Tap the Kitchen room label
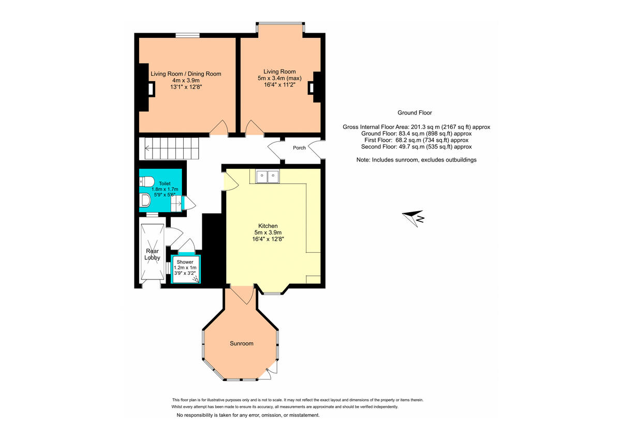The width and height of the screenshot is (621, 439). (x=268, y=226)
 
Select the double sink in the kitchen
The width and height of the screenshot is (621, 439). (x=267, y=177)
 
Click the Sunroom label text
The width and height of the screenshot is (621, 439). (x=242, y=343)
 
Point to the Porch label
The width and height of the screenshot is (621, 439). (x=299, y=148)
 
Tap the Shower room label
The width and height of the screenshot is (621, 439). (x=185, y=262)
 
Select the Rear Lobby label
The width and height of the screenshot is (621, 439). (x=152, y=254)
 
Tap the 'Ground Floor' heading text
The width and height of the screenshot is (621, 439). (x=415, y=112)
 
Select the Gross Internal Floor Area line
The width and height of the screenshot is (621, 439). (x=416, y=127)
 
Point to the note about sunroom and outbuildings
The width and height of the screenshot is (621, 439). (x=416, y=160)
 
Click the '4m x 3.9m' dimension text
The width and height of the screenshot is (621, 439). (x=186, y=81)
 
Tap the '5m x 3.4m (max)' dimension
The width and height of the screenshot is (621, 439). (x=279, y=78)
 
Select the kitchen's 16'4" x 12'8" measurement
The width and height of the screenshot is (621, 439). (x=268, y=239)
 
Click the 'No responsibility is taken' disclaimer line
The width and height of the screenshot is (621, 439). (x=248, y=415)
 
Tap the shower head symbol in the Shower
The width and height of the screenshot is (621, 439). (x=195, y=280)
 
